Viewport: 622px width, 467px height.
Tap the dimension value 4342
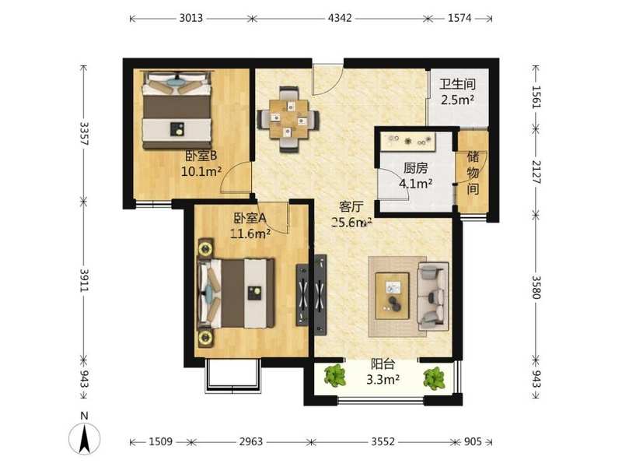coord(340,18)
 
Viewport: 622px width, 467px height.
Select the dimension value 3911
coord(85,281)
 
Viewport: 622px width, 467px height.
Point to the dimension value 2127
coord(536,172)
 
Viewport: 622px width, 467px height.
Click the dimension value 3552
coord(383,441)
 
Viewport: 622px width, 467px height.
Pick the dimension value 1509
coord(161,441)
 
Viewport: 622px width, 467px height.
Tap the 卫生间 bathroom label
coord(457,84)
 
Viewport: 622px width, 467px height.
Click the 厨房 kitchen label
coord(416,168)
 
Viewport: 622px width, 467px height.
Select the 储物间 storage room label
coord(473,172)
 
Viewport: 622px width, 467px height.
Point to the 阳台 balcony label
coord(383,364)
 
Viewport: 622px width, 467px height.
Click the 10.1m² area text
coord(201,171)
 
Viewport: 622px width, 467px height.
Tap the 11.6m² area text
coord(250,233)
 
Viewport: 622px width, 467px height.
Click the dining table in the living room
coord(288,119)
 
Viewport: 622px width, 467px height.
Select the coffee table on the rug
coord(393,296)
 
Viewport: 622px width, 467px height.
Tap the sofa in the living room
coord(433,297)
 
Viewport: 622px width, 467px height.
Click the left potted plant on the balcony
coord(335,376)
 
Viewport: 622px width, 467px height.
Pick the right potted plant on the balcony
coord(435,378)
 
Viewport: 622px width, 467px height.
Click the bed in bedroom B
coord(177,110)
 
